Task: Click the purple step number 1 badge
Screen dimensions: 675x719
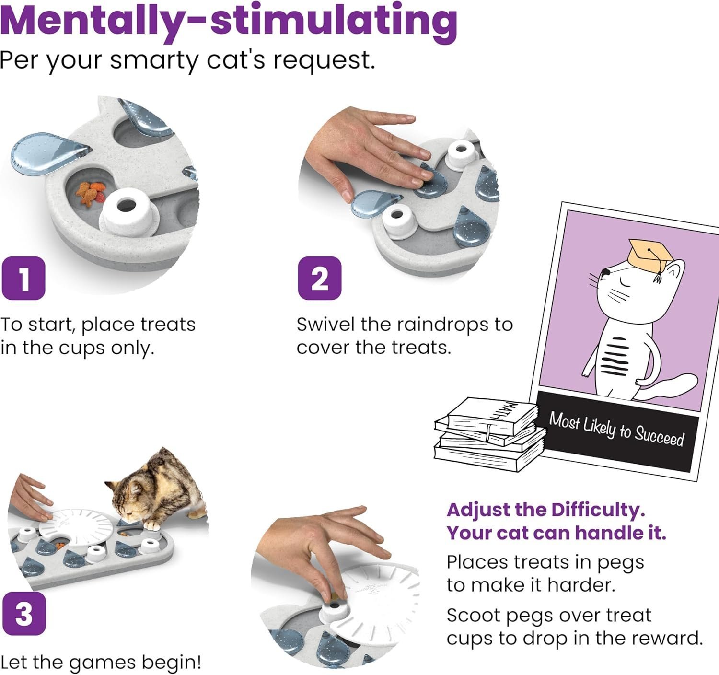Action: tap(23, 279)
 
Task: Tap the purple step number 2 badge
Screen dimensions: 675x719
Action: tap(320, 278)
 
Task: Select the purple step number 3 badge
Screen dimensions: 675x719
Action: tap(23, 614)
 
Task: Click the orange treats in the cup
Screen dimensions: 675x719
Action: tap(91, 192)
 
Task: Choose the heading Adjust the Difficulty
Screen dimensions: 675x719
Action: tap(545, 510)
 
